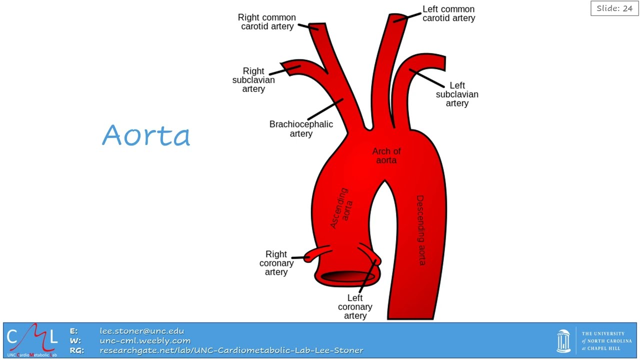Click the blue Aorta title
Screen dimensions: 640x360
(x=146, y=135)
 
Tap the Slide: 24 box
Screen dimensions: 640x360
(x=614, y=8)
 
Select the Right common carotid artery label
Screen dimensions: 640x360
(x=267, y=22)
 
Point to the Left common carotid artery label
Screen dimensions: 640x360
(x=449, y=13)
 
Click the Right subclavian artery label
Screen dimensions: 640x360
(x=253, y=79)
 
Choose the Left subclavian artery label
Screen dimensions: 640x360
(x=457, y=94)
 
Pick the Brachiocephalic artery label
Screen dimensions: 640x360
(x=301, y=129)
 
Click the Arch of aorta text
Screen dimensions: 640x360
(x=386, y=155)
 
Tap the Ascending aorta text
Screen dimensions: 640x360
(x=341, y=208)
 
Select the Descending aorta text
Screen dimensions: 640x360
(x=420, y=230)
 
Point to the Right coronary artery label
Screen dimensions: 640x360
(x=276, y=263)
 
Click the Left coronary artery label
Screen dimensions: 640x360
(x=355, y=306)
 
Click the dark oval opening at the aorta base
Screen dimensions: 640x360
(x=348, y=276)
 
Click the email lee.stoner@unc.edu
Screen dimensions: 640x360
(x=142, y=331)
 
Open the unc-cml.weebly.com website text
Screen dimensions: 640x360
(x=145, y=340)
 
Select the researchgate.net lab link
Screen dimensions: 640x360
(x=231, y=350)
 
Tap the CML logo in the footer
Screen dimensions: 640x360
(x=32, y=340)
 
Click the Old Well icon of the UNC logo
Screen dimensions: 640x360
(x=563, y=341)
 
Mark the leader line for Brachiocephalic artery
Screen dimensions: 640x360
(x=325, y=109)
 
